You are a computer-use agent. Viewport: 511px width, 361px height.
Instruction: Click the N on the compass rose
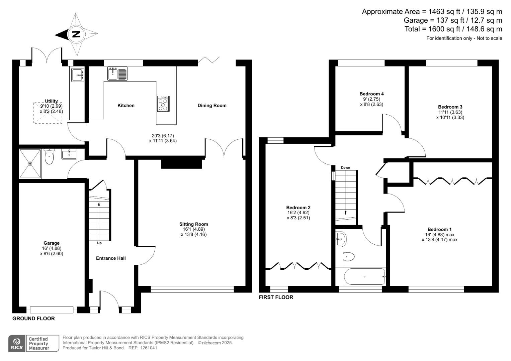76,34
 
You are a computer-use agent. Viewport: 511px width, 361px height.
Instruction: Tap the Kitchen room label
126,106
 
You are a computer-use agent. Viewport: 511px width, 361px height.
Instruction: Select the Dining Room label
212,106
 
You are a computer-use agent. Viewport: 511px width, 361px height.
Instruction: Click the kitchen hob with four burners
163,104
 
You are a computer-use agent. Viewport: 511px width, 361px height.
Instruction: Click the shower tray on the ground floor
30,164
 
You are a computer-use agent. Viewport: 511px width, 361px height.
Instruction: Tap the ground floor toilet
49,157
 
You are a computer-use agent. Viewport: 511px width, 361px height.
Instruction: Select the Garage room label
51,243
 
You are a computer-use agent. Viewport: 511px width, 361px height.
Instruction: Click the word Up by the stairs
99,243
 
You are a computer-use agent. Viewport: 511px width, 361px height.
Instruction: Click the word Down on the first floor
345,167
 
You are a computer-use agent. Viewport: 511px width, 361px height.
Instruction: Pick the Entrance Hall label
111,258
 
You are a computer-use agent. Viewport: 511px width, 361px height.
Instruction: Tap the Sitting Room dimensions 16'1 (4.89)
193,229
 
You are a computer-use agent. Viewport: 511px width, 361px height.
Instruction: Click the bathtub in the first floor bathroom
365,277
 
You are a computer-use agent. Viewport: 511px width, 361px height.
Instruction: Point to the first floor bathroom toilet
348,257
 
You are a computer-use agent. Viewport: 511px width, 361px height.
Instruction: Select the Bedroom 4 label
371,94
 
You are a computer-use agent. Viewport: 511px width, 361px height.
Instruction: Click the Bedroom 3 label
450,107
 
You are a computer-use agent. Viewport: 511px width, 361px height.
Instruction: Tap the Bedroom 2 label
298,208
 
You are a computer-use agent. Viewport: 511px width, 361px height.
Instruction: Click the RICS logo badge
16,344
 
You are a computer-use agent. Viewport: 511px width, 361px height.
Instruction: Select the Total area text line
453,29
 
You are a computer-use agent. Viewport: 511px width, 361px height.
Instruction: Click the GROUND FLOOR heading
33,319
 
